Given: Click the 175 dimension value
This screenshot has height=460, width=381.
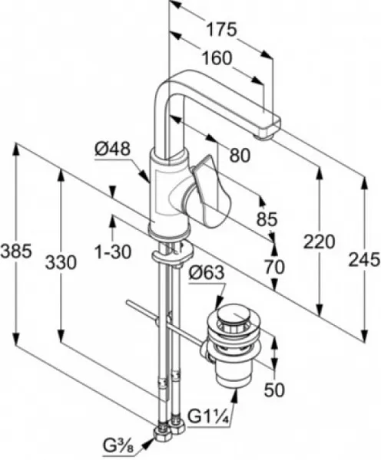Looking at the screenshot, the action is (x=221, y=29).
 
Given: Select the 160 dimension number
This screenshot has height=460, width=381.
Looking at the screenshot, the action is (x=217, y=58).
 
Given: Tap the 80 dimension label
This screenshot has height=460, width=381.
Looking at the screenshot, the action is (x=240, y=155).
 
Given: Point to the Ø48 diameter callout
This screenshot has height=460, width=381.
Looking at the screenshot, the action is (x=112, y=149).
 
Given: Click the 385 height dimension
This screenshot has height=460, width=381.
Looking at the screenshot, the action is (x=16, y=251).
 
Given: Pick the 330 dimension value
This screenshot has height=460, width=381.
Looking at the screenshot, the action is (x=61, y=262).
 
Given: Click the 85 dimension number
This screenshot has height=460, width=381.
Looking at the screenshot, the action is (x=267, y=219).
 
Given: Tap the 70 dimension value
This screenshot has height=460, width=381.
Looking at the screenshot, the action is (x=274, y=267).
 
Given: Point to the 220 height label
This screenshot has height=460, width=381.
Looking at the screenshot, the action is (x=319, y=242).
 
